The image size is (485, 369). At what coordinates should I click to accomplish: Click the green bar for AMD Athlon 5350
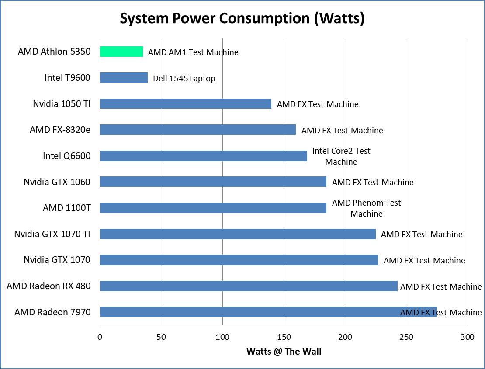(121, 52)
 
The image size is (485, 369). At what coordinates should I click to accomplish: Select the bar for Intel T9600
(124, 78)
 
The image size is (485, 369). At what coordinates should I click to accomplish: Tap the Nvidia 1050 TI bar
(185, 104)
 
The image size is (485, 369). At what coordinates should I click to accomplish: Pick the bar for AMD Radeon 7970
(249, 312)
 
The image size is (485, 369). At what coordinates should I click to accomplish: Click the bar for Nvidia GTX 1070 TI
(237, 234)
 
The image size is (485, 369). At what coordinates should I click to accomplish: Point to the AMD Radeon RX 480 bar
(248, 286)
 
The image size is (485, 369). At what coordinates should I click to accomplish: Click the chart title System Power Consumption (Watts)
(242, 19)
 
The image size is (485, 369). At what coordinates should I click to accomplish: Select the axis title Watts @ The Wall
(284, 352)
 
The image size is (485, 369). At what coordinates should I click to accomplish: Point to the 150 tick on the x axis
(284, 337)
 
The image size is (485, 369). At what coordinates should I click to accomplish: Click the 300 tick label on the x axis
(468, 337)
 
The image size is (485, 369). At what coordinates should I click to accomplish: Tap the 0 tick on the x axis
(100, 337)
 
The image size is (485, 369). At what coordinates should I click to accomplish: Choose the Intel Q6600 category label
(66, 156)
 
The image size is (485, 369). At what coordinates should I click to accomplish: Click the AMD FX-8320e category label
(60, 130)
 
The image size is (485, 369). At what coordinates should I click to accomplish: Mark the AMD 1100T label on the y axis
(66, 208)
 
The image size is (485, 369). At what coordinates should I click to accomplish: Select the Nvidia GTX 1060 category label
(57, 182)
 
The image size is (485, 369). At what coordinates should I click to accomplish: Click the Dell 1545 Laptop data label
(184, 79)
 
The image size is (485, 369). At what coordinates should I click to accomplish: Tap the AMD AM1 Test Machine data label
(193, 52)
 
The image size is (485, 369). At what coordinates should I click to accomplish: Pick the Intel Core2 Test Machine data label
(341, 156)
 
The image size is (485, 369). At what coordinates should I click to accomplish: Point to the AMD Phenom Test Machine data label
(366, 208)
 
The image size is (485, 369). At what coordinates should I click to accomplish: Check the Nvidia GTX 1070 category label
(57, 260)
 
